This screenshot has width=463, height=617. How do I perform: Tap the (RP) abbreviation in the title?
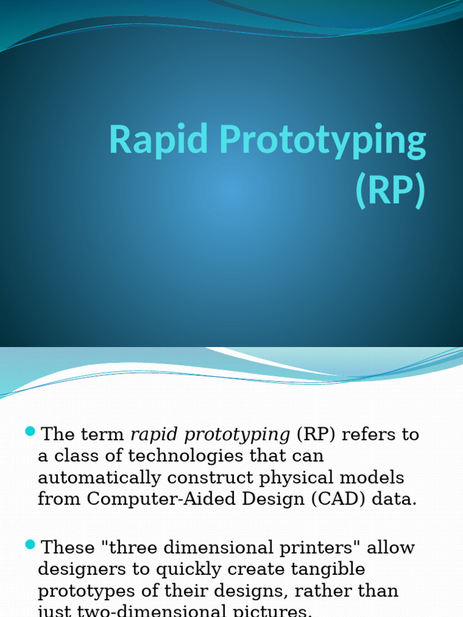pos(390,190)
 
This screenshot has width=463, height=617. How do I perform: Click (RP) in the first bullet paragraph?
pos(317,434)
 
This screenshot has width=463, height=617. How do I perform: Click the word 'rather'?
pos(323,591)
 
